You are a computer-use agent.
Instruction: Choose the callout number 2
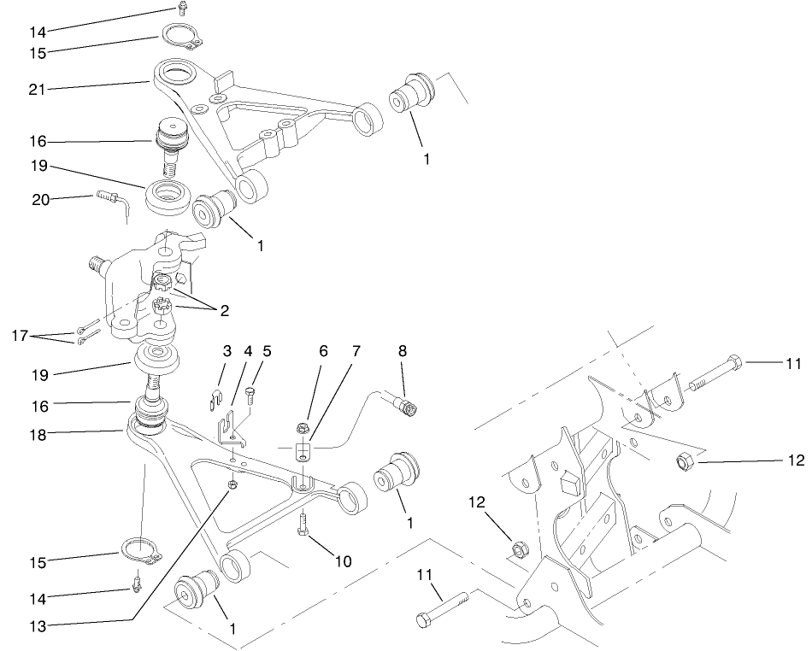tap(223, 312)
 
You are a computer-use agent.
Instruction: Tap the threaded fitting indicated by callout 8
tap(403, 407)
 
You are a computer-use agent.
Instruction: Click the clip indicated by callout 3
tap(216, 395)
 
